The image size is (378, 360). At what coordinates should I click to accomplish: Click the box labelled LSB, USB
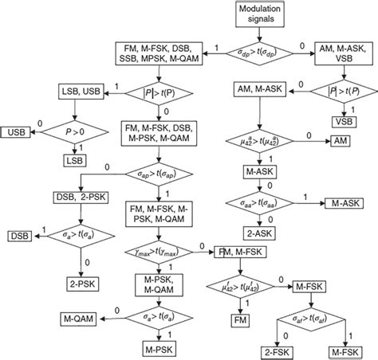tap(79, 93)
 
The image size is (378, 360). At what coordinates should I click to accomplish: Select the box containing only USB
tap(16, 131)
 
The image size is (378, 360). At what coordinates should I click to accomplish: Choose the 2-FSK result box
tap(277, 350)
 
